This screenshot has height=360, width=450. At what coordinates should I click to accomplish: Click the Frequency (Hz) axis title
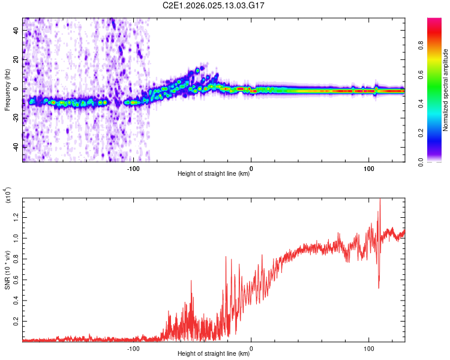coord(8,89)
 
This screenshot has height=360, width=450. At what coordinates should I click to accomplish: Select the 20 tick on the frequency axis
coord(17,60)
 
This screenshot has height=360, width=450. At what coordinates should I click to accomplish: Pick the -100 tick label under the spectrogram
coord(133,168)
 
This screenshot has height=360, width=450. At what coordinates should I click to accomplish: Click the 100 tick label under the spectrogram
coord(368,168)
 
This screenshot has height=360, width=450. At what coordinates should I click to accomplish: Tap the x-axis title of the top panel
coord(214,174)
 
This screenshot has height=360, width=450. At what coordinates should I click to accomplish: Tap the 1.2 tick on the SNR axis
coord(16,216)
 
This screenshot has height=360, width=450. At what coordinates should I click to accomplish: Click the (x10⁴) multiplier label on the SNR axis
coord(8,196)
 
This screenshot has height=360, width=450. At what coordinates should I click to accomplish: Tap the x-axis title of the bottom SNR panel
coord(214,354)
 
